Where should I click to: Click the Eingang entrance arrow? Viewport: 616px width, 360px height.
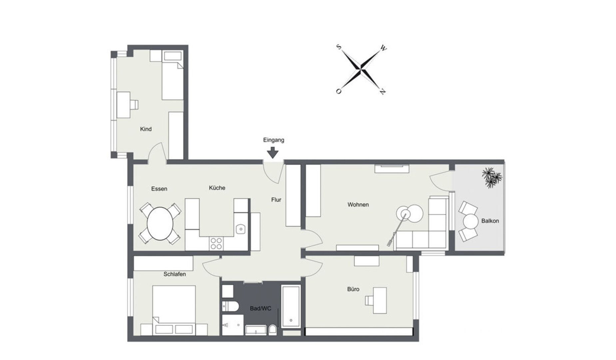click(x=273, y=153)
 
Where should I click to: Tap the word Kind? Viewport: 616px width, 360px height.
click(x=146, y=129)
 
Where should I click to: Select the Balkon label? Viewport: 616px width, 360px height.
click(x=490, y=221)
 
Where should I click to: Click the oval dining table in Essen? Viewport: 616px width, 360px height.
click(x=160, y=223)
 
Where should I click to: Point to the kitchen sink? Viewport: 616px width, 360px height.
click(x=241, y=229)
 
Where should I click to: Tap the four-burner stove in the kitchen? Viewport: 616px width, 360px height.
click(x=216, y=243)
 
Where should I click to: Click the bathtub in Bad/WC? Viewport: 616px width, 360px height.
click(x=291, y=306)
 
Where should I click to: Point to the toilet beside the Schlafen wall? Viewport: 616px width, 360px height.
click(x=230, y=306)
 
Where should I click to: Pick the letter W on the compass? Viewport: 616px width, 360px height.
click(x=383, y=49)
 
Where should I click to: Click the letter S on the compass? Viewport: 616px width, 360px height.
click(x=339, y=47)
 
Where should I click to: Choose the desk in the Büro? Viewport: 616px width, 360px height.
click(x=379, y=300)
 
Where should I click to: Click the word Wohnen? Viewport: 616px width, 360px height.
click(x=358, y=205)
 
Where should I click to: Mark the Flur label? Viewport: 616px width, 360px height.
click(x=276, y=200)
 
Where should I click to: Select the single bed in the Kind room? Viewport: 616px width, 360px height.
click(x=173, y=75)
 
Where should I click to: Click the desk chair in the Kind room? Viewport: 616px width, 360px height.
click(x=134, y=105)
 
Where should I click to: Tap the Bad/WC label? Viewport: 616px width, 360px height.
click(x=261, y=309)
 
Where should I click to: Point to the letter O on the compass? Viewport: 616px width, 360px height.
click(x=338, y=91)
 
